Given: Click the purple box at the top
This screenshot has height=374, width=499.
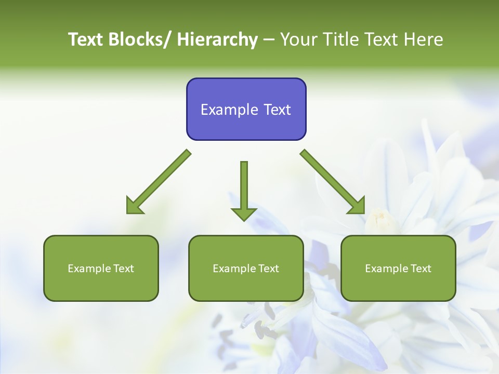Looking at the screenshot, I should point(246,109).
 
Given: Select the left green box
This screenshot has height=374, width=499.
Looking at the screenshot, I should point(101,268).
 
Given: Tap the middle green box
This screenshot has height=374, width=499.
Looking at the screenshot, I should point(246,268).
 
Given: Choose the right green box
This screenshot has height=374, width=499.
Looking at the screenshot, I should point(398,268).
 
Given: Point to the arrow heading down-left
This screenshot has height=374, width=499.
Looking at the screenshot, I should point(159,182).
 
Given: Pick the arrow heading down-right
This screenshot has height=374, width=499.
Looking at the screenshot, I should point(333,182).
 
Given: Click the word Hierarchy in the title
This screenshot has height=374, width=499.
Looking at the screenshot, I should point(217,39).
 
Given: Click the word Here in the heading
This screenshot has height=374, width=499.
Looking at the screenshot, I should point(425,39).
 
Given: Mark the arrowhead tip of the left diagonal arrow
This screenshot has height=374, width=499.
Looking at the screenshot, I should point(128,212).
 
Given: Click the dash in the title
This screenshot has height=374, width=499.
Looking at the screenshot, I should point(269,40).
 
